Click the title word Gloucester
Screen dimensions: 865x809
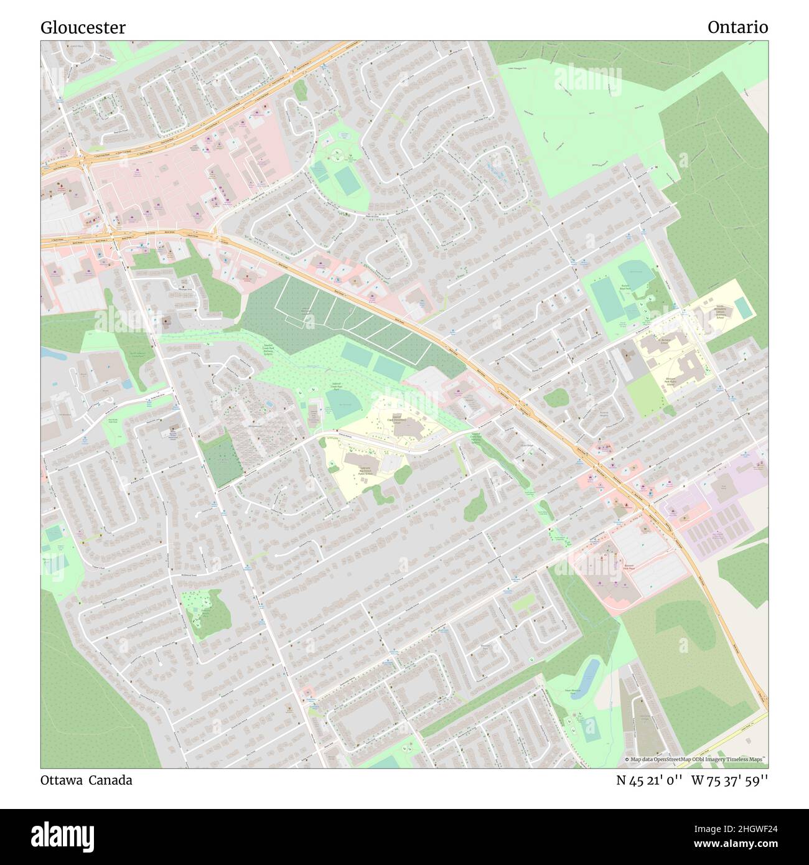(x=83, y=27)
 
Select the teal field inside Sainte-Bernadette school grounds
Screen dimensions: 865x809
(x=741, y=306)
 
